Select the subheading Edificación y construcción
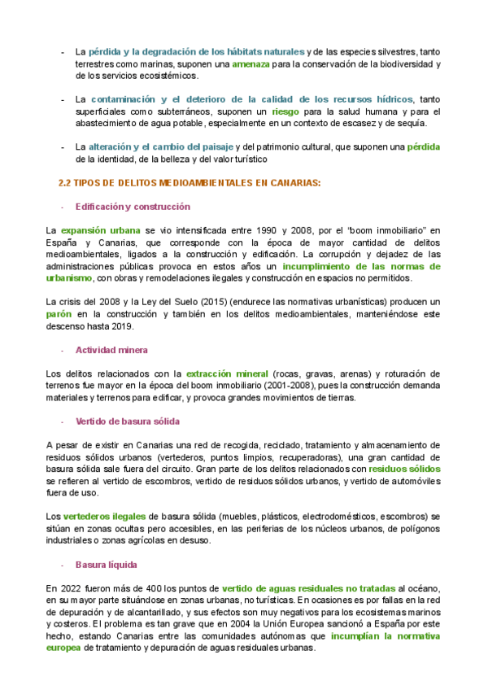point(133,207)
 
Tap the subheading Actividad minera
point(111,350)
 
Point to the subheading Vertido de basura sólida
point(127,421)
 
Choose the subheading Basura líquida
point(106,564)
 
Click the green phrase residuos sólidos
point(404,469)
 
